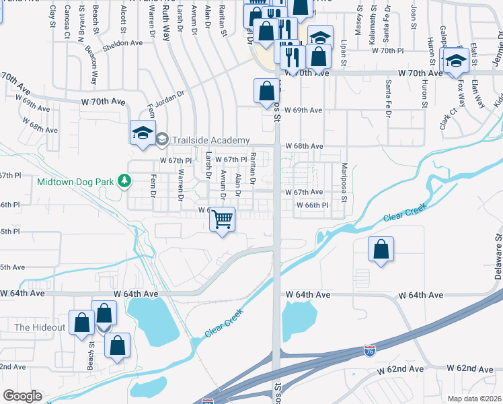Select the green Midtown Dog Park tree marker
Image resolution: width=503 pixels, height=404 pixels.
point(124,180)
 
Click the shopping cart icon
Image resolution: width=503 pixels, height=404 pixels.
point(223,219)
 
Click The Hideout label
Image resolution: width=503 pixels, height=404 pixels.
point(40,327)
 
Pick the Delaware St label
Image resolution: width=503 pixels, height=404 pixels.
point(498,255)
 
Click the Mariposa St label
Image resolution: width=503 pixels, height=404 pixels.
point(343,182)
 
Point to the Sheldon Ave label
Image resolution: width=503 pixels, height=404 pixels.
point(122,42)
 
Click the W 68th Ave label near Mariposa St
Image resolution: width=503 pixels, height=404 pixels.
point(304,146)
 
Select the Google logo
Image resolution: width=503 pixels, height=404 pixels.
point(22,396)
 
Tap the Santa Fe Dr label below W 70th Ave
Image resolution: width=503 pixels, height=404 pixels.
point(389,97)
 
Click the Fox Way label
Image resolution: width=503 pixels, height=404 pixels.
point(461,95)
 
